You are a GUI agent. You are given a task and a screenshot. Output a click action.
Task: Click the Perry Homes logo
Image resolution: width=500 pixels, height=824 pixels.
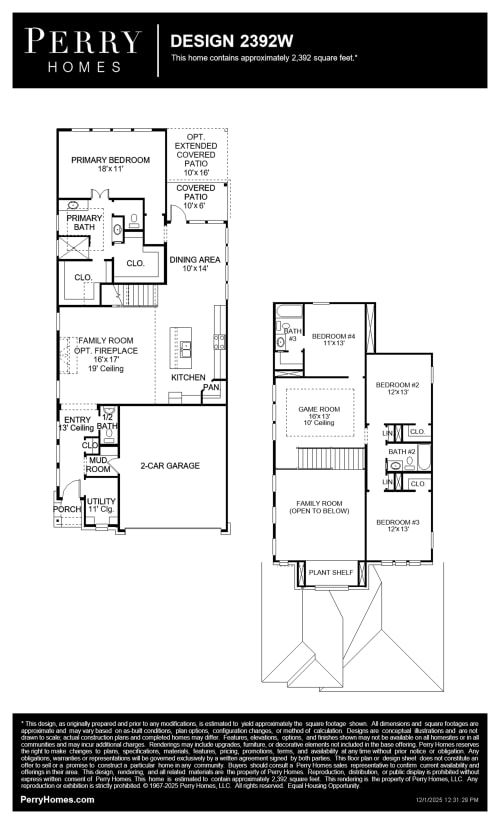tap(83, 50)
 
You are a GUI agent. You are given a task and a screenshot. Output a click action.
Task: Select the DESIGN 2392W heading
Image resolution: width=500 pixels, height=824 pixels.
tap(230, 42)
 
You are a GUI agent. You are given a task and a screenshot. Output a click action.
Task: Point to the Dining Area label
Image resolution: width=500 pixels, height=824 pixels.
tap(194, 264)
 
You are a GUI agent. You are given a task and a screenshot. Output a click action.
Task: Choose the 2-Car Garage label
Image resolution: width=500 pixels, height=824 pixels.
tap(169, 465)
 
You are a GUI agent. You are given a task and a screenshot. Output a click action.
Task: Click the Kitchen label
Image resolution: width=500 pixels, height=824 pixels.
tap(188, 378)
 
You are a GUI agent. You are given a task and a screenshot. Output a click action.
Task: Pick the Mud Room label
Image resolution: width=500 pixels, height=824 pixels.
tap(98, 464)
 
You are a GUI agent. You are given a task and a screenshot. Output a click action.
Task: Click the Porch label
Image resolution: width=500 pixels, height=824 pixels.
tap(67, 509)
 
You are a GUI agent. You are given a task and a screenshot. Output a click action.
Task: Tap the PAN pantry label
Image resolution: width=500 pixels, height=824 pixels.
tap(211, 387)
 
